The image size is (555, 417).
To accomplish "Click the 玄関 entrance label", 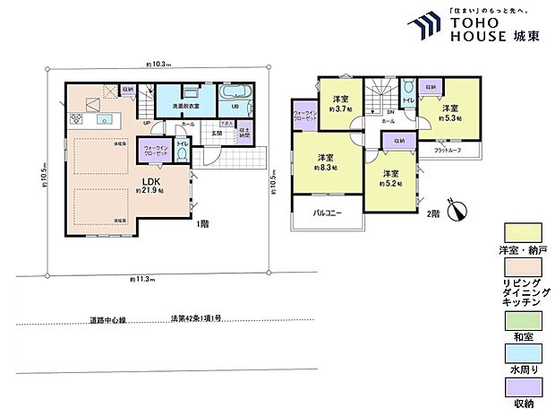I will point(216,133).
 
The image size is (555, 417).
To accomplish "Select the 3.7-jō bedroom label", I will point(340,104).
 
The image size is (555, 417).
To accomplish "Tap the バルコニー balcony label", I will point(320,215).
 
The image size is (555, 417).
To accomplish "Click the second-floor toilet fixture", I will point(408,89).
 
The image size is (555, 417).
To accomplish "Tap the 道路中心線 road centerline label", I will point(107,319).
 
